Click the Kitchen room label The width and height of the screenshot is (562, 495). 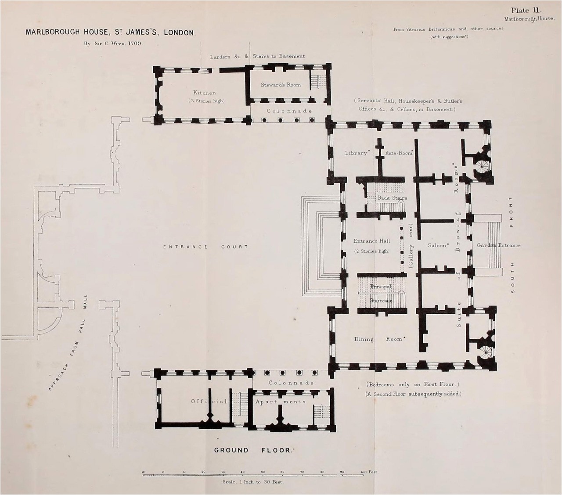coord(205,93)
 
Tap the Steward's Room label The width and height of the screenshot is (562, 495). coord(281,85)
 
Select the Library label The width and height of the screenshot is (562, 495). coord(356,153)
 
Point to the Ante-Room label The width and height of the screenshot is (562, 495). coord(399,153)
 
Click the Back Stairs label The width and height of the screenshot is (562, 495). coord(392,198)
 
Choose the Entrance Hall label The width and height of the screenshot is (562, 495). coord(371,241)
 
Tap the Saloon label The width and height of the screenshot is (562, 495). coord(438,245)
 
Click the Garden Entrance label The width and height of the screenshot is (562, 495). coord(498,245)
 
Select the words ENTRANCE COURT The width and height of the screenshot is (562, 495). coord(205,247)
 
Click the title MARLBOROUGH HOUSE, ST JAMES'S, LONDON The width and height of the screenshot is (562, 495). coord(111,32)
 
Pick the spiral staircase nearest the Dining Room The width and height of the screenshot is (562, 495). coord(486,351)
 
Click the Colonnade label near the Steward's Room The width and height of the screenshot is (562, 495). coord(289,111)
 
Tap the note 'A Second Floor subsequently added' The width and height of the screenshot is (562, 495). coord(413,394)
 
